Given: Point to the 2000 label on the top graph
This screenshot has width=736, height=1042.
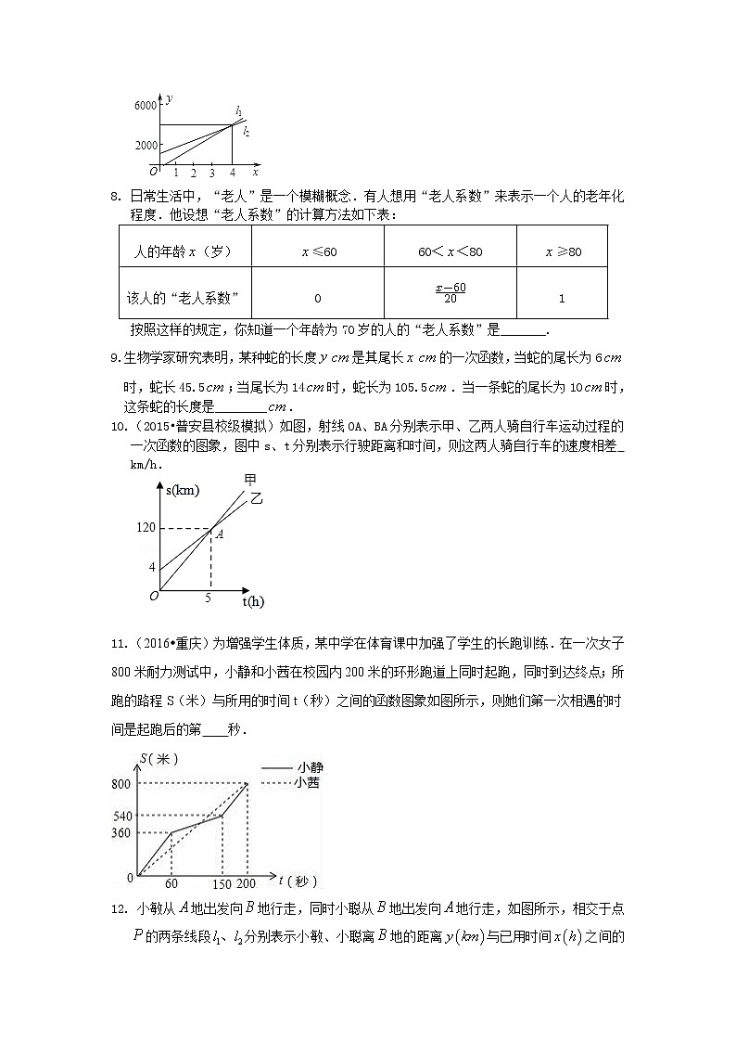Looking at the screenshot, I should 146,146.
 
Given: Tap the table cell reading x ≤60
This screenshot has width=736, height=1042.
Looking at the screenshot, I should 318,252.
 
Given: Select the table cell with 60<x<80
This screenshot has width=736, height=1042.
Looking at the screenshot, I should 450,252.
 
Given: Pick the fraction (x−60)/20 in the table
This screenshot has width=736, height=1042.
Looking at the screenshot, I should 450,292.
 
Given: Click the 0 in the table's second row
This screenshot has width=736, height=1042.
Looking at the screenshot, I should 317,298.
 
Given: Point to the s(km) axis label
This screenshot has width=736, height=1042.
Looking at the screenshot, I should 184,490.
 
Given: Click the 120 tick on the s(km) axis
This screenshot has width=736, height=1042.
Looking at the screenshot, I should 146,528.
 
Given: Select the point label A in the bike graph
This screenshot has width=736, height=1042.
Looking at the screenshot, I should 219,534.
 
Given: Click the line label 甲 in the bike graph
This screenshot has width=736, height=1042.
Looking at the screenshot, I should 249,479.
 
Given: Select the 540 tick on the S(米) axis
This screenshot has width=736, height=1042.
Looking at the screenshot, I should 122,816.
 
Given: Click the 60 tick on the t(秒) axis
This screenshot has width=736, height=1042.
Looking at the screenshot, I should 171,884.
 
